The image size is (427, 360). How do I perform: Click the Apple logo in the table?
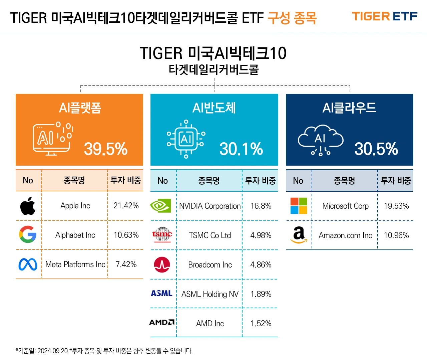(x=28, y=206)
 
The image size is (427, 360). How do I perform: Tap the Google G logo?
(x=28, y=234)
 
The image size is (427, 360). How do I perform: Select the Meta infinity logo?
(x=28, y=264)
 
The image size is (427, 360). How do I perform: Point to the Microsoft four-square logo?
(x=299, y=206)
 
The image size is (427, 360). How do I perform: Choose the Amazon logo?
(x=299, y=235)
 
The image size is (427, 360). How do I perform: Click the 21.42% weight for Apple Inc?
(x=126, y=206)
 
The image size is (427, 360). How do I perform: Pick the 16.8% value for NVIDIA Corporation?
(x=261, y=206)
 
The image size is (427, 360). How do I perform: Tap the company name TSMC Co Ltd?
(x=210, y=235)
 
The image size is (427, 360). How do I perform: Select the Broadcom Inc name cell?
(x=210, y=265)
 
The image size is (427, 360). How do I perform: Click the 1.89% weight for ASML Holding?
(x=261, y=294)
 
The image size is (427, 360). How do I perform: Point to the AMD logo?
(x=162, y=322)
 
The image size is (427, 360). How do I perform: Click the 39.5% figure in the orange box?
(x=106, y=149)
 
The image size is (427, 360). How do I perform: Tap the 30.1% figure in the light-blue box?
(x=241, y=149)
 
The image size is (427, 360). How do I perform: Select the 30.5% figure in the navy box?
(x=376, y=149)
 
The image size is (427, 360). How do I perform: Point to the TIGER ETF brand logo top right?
(x=384, y=16)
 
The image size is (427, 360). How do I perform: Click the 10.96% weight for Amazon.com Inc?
(x=396, y=235)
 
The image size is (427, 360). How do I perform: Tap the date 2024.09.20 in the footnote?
(x=52, y=351)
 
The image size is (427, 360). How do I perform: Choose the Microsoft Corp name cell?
(x=345, y=206)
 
